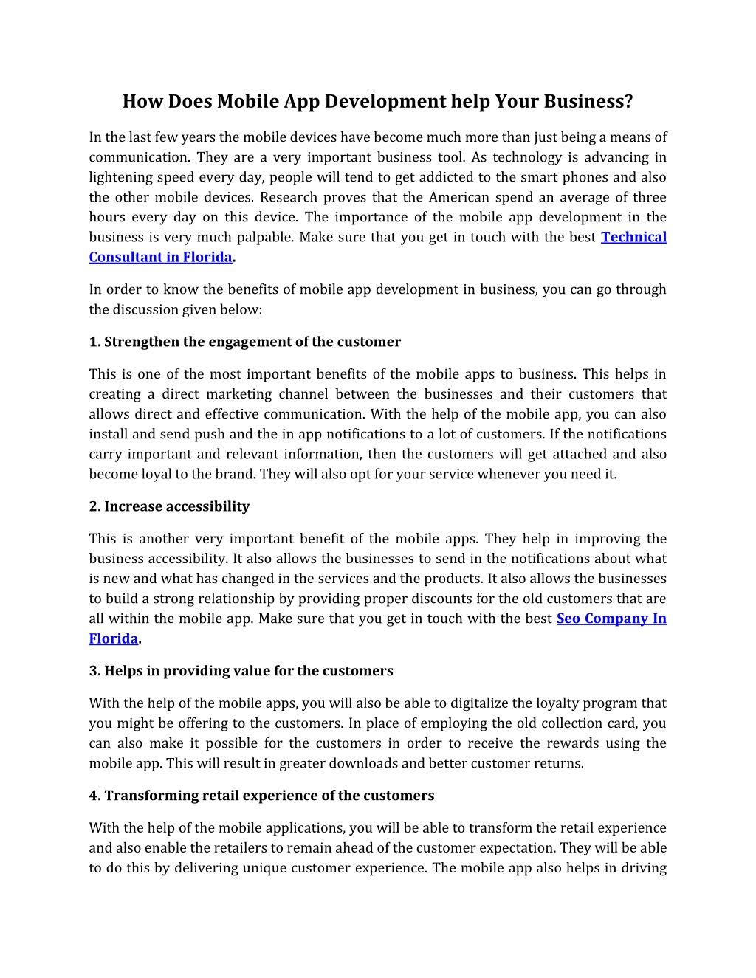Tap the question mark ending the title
point(629,101)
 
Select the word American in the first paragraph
point(459,197)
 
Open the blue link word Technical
point(633,237)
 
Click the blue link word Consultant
point(123,257)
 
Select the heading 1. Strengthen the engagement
point(245,342)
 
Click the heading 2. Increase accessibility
point(169,506)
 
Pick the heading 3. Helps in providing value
point(241,671)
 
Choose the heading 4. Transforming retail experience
point(261,796)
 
